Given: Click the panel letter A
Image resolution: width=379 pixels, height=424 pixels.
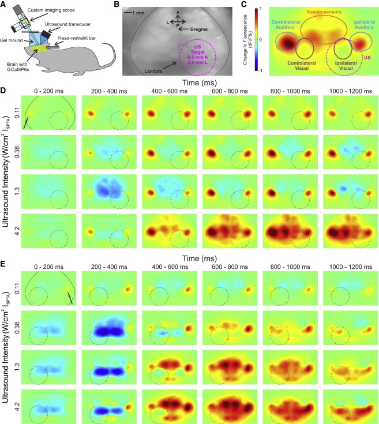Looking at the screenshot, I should [5, 5].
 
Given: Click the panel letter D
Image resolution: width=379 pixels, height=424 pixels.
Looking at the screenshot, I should [5, 91].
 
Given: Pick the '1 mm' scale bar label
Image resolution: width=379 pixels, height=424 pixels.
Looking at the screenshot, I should [138, 12].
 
